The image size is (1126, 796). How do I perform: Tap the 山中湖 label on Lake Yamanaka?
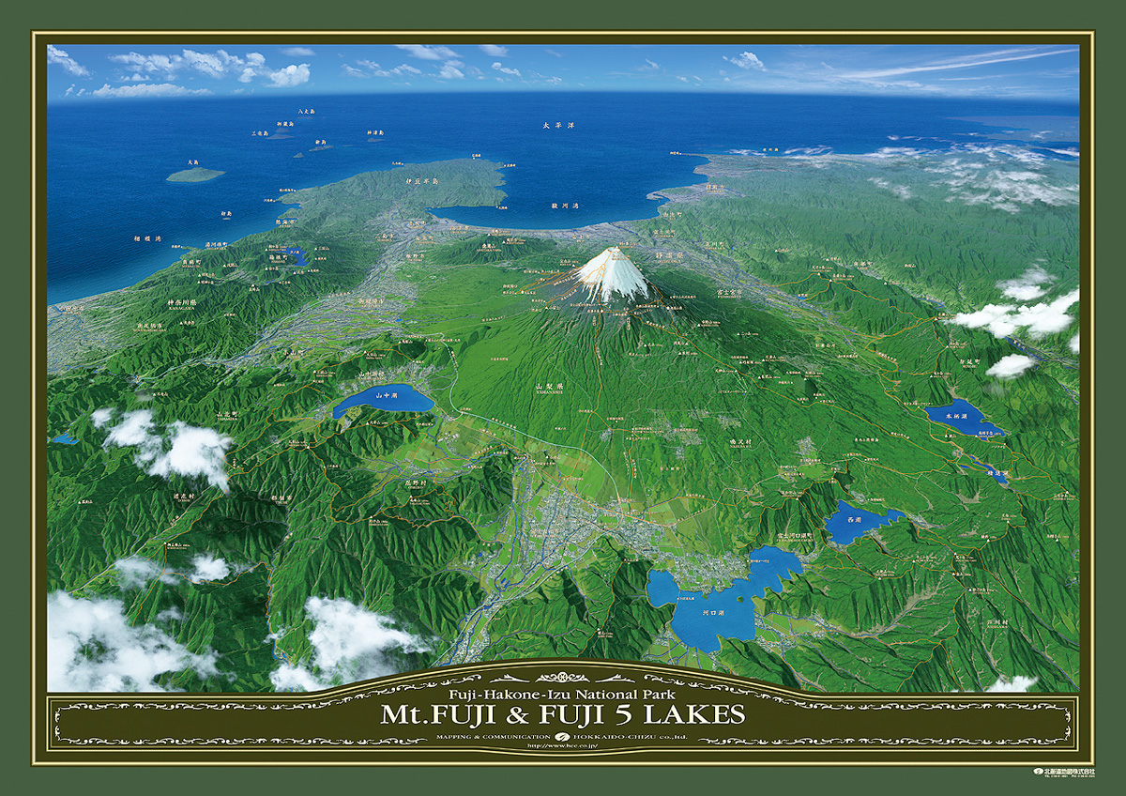tap(384, 396)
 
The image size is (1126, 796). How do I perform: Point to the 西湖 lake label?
tap(853, 518)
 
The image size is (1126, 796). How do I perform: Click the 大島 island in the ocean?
tap(195, 174)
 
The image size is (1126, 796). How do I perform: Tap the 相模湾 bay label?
tap(147, 239)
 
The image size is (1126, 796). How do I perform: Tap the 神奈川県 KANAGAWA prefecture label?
tap(182, 303)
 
